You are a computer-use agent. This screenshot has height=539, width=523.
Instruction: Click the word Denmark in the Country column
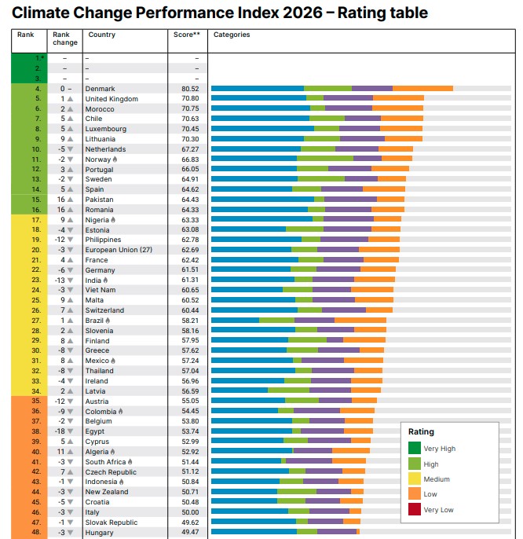(100, 89)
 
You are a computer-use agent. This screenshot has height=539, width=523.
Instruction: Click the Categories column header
(232, 35)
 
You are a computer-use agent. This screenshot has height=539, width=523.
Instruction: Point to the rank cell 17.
(35, 220)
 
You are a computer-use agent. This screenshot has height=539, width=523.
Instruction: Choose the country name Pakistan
(100, 200)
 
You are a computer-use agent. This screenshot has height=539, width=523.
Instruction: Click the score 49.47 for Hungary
(190, 533)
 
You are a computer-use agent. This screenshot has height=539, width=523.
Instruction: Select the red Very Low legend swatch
(414, 509)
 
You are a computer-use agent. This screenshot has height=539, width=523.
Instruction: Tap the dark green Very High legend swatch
(414, 449)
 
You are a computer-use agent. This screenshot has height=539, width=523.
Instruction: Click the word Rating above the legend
(421, 431)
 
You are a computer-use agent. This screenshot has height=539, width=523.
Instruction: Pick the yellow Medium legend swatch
(414, 479)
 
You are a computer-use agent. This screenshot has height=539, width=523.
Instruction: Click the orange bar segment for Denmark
(422, 89)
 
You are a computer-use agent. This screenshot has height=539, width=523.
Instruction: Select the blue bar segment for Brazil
(235, 321)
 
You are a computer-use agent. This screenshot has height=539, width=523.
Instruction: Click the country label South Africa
(106, 462)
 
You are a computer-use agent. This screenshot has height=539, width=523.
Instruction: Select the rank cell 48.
(35, 533)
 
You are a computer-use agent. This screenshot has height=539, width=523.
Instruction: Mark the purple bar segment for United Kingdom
(348, 99)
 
